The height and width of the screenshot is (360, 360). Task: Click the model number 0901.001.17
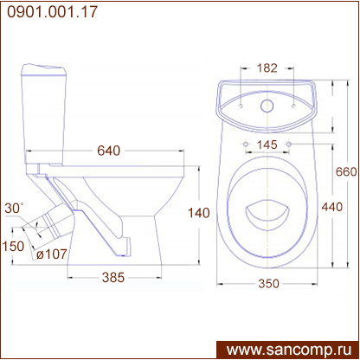[x=52, y=12]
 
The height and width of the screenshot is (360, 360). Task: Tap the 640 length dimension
[x=108, y=151]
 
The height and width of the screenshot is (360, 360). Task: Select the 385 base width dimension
[x=113, y=277]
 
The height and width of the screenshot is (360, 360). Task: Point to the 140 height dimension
[x=198, y=213]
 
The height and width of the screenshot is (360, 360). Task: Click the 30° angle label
[x=14, y=208]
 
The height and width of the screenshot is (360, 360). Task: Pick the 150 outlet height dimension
[x=13, y=246]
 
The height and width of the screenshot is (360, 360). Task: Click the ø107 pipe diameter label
[x=52, y=254]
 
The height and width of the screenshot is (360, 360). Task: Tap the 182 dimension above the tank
[x=267, y=67]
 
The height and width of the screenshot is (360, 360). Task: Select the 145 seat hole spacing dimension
[x=267, y=145]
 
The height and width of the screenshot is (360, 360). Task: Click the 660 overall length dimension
[x=346, y=172]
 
